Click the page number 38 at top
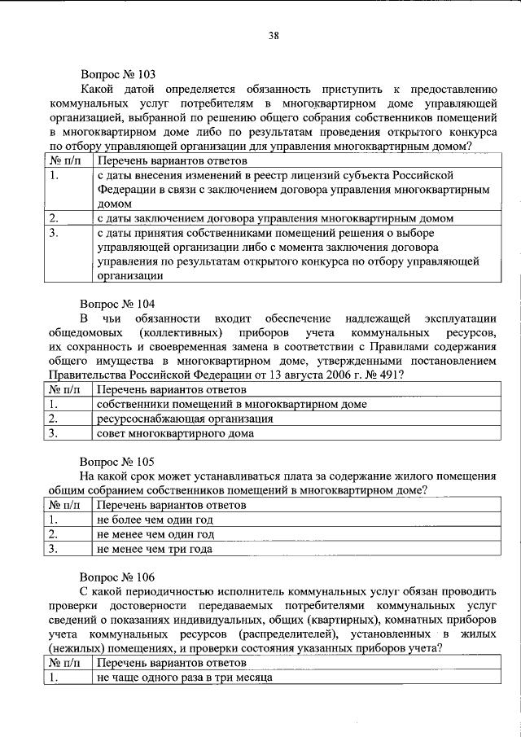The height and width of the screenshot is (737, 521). (x=274, y=35)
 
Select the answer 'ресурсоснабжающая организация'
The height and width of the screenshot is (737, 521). (x=184, y=419)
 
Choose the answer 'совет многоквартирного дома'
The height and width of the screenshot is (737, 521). (x=175, y=433)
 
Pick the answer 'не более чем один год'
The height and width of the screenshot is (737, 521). (x=155, y=520)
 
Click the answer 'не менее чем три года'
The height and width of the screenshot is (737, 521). (x=155, y=549)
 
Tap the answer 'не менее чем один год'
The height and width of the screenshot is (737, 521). (x=155, y=534)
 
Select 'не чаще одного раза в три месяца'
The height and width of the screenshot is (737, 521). (x=184, y=678)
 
